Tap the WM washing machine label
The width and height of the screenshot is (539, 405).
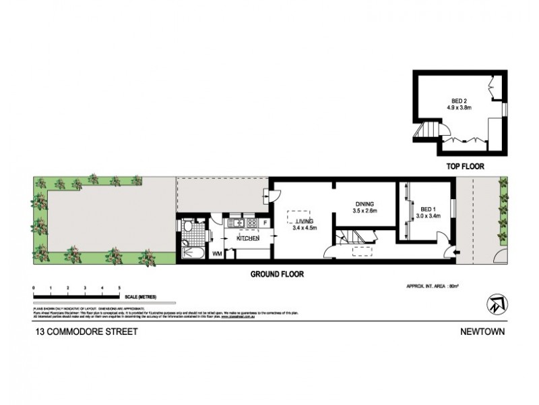click(x=217, y=254)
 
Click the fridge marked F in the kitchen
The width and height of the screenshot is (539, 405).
click(x=265, y=222)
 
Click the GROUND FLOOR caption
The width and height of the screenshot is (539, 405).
click(x=278, y=274)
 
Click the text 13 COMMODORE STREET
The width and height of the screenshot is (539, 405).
click(x=80, y=332)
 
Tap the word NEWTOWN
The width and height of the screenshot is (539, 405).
click(x=484, y=332)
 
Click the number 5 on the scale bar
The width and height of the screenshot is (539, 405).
click(x=119, y=288)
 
